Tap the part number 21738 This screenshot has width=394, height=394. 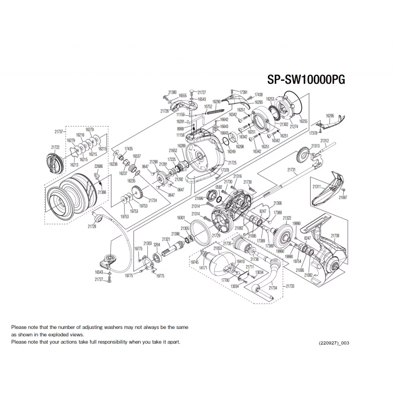[x=335, y=236]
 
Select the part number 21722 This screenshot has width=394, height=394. [x=55, y=147]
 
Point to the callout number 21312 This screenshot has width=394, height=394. [x=325, y=140]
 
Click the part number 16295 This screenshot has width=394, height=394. [x=330, y=116]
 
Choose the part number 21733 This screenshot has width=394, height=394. [x=290, y=286]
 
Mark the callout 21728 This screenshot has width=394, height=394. [x=92, y=226]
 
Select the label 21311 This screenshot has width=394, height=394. [x=317, y=187]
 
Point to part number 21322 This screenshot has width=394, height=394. [x=287, y=218]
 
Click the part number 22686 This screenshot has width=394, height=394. [x=98, y=166]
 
